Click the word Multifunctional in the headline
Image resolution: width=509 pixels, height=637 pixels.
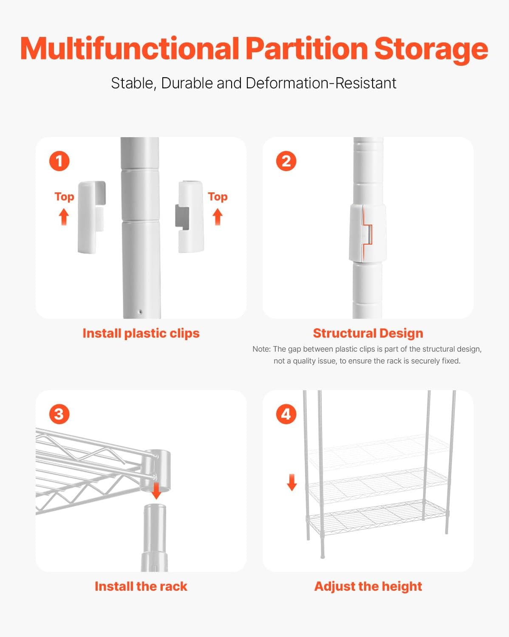click(x=130, y=49)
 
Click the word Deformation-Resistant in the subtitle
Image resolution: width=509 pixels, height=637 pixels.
click(x=321, y=83)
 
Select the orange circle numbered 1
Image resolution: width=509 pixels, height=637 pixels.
click(x=59, y=161)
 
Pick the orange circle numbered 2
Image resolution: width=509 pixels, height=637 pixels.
click(x=286, y=161)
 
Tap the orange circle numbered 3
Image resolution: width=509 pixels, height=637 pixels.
click(x=59, y=414)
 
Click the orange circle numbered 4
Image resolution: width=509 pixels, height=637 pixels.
click(x=286, y=414)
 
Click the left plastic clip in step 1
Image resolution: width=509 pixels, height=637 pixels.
click(x=91, y=217)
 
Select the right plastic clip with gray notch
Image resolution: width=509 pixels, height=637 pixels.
click(x=190, y=216)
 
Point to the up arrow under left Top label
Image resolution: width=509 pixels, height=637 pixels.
click(x=64, y=217)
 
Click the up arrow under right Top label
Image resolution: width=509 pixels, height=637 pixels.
click(x=218, y=217)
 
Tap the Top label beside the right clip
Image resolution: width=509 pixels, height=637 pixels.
click(x=218, y=197)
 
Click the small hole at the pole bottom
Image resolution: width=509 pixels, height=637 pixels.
click(x=140, y=312)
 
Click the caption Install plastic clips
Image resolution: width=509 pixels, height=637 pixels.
click(x=141, y=333)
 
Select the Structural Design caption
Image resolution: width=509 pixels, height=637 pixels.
click(x=368, y=333)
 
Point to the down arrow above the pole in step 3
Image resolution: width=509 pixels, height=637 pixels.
click(x=156, y=490)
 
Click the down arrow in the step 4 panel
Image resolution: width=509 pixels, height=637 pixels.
click(x=291, y=482)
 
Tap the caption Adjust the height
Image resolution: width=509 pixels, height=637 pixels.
click(x=368, y=586)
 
